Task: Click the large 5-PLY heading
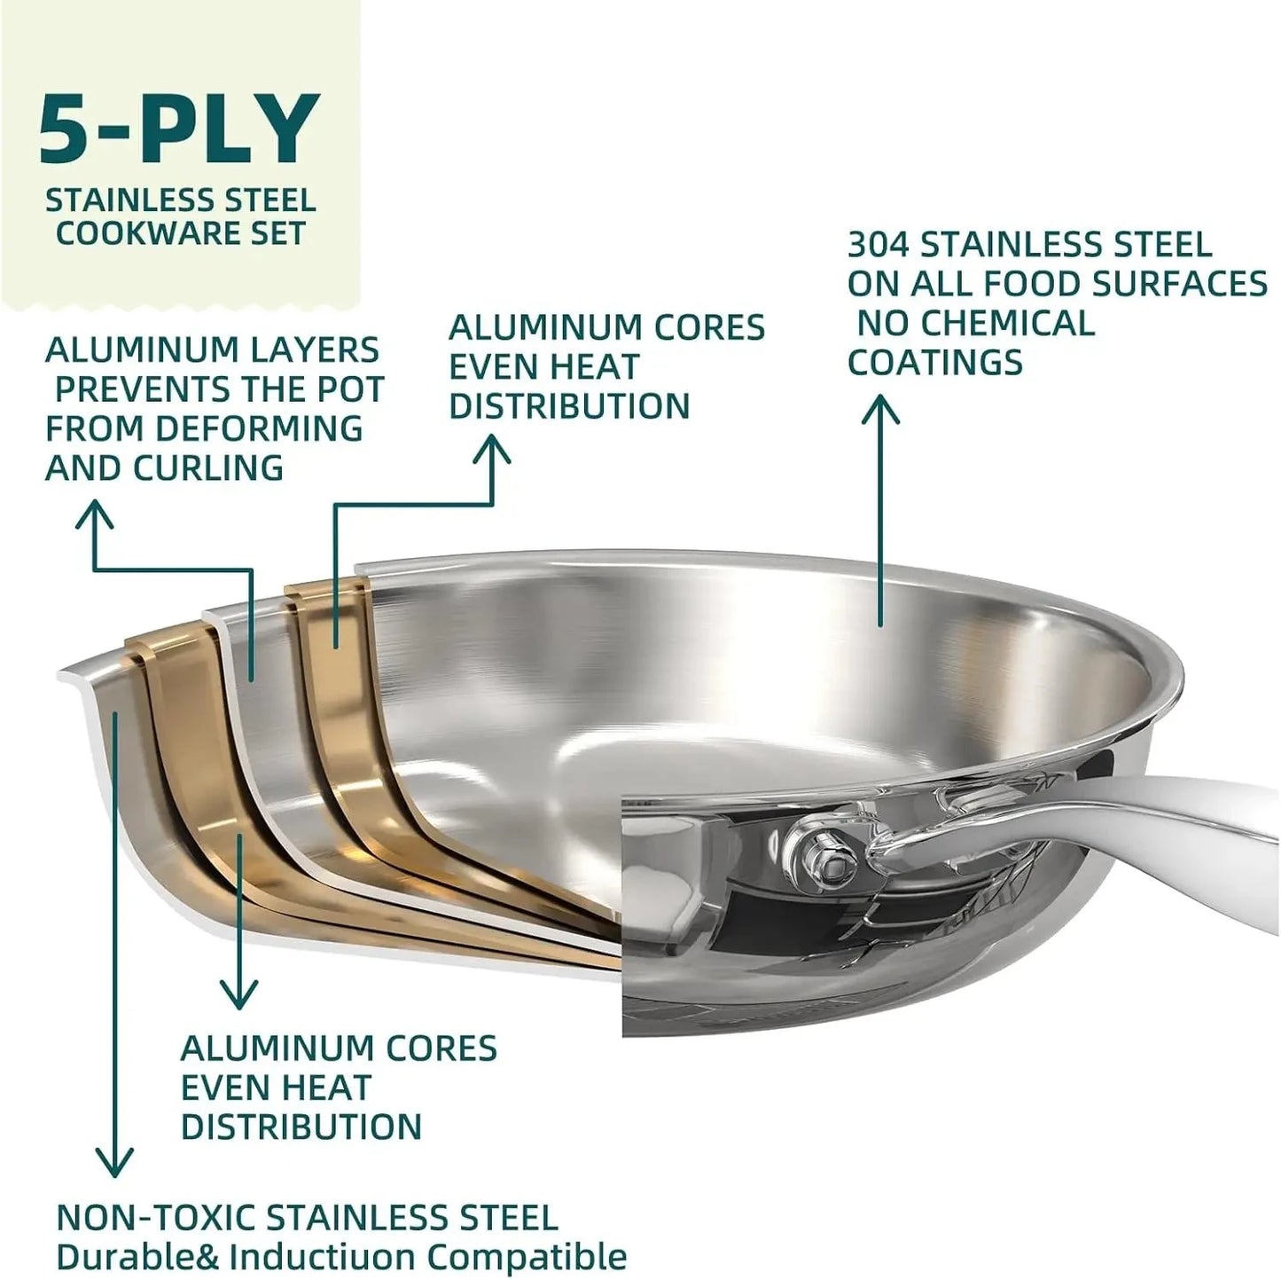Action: pos(178,130)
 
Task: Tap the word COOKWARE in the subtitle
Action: pos(138,233)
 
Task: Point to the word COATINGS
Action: pos(935,362)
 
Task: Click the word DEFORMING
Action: pos(259,428)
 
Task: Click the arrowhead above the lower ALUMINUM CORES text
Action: pos(237,993)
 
